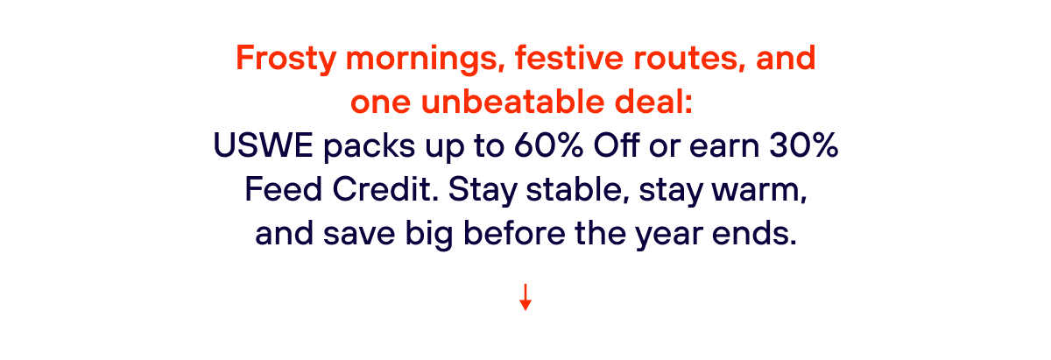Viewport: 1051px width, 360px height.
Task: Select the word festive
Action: pyautogui.click(x=569, y=57)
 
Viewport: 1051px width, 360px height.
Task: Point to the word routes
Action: pyautogui.click(x=689, y=58)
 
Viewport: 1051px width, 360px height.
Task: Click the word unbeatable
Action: pyautogui.click(x=513, y=102)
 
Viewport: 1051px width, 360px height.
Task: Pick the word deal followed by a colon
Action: pyautogui.click(x=653, y=102)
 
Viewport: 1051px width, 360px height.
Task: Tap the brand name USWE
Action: pyautogui.click(x=264, y=145)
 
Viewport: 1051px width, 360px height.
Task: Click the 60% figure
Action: pyautogui.click(x=549, y=145)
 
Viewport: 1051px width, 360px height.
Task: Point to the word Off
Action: pyautogui.click(x=616, y=145)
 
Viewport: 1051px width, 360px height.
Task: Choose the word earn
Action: pyautogui.click(x=724, y=146)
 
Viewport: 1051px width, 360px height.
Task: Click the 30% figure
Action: pyautogui.click(x=803, y=145)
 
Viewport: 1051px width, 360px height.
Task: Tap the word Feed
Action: pyautogui.click(x=284, y=188)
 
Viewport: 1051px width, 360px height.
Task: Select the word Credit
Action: pyautogui.click(x=385, y=188)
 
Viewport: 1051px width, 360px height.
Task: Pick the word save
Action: pyautogui.click(x=359, y=234)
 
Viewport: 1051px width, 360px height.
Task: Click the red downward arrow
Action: pyautogui.click(x=525, y=297)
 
